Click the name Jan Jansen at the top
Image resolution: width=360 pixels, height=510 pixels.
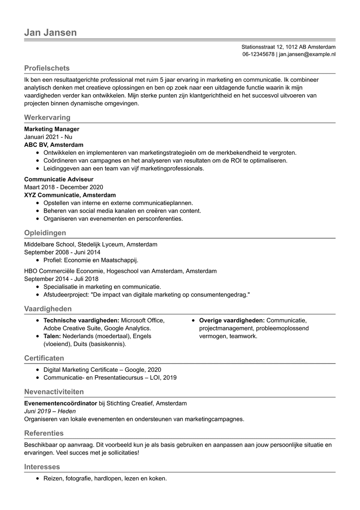coord(50,32)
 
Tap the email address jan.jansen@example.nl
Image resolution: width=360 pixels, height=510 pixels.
coord(307,55)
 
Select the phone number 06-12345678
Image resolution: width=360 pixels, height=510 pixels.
coord(258,55)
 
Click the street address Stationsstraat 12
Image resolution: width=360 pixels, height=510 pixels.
coord(262,47)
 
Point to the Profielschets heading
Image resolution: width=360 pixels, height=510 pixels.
coord(47,68)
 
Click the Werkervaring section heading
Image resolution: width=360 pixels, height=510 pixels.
coord(47,118)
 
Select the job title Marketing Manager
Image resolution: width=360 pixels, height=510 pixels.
coord(52,129)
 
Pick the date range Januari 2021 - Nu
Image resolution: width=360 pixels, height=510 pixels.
coord(48,137)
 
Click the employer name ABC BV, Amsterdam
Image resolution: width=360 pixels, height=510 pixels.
coord(54,145)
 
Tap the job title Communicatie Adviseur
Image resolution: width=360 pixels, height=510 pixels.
coord(59,179)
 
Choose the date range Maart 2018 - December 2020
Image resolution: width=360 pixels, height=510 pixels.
coord(64,187)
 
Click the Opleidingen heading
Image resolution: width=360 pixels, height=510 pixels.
coord(45,233)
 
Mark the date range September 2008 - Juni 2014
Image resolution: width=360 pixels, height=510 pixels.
coord(62,252)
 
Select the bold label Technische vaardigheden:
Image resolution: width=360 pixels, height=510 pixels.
coord(81,321)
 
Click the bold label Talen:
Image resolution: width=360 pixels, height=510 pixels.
coord(52,336)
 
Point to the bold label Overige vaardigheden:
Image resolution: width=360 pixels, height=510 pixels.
coord(232,321)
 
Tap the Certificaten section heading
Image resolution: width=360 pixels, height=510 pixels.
coord(44,358)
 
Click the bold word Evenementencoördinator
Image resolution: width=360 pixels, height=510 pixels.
coord(60,403)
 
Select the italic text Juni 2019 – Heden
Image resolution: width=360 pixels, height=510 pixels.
coord(50,411)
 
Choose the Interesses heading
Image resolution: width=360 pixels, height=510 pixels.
coord(42,467)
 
